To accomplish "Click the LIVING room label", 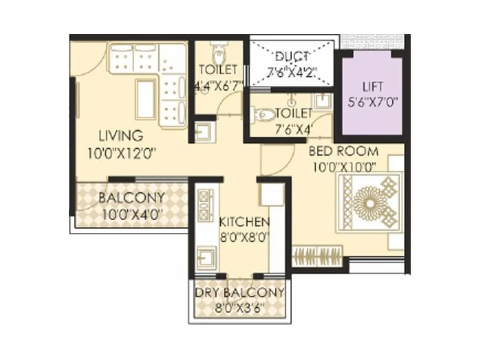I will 121,134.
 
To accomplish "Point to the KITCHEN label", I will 244,222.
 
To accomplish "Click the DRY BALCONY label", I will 239,293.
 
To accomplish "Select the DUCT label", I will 292,58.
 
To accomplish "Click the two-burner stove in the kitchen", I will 203,205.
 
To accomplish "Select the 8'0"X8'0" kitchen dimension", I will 244,236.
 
